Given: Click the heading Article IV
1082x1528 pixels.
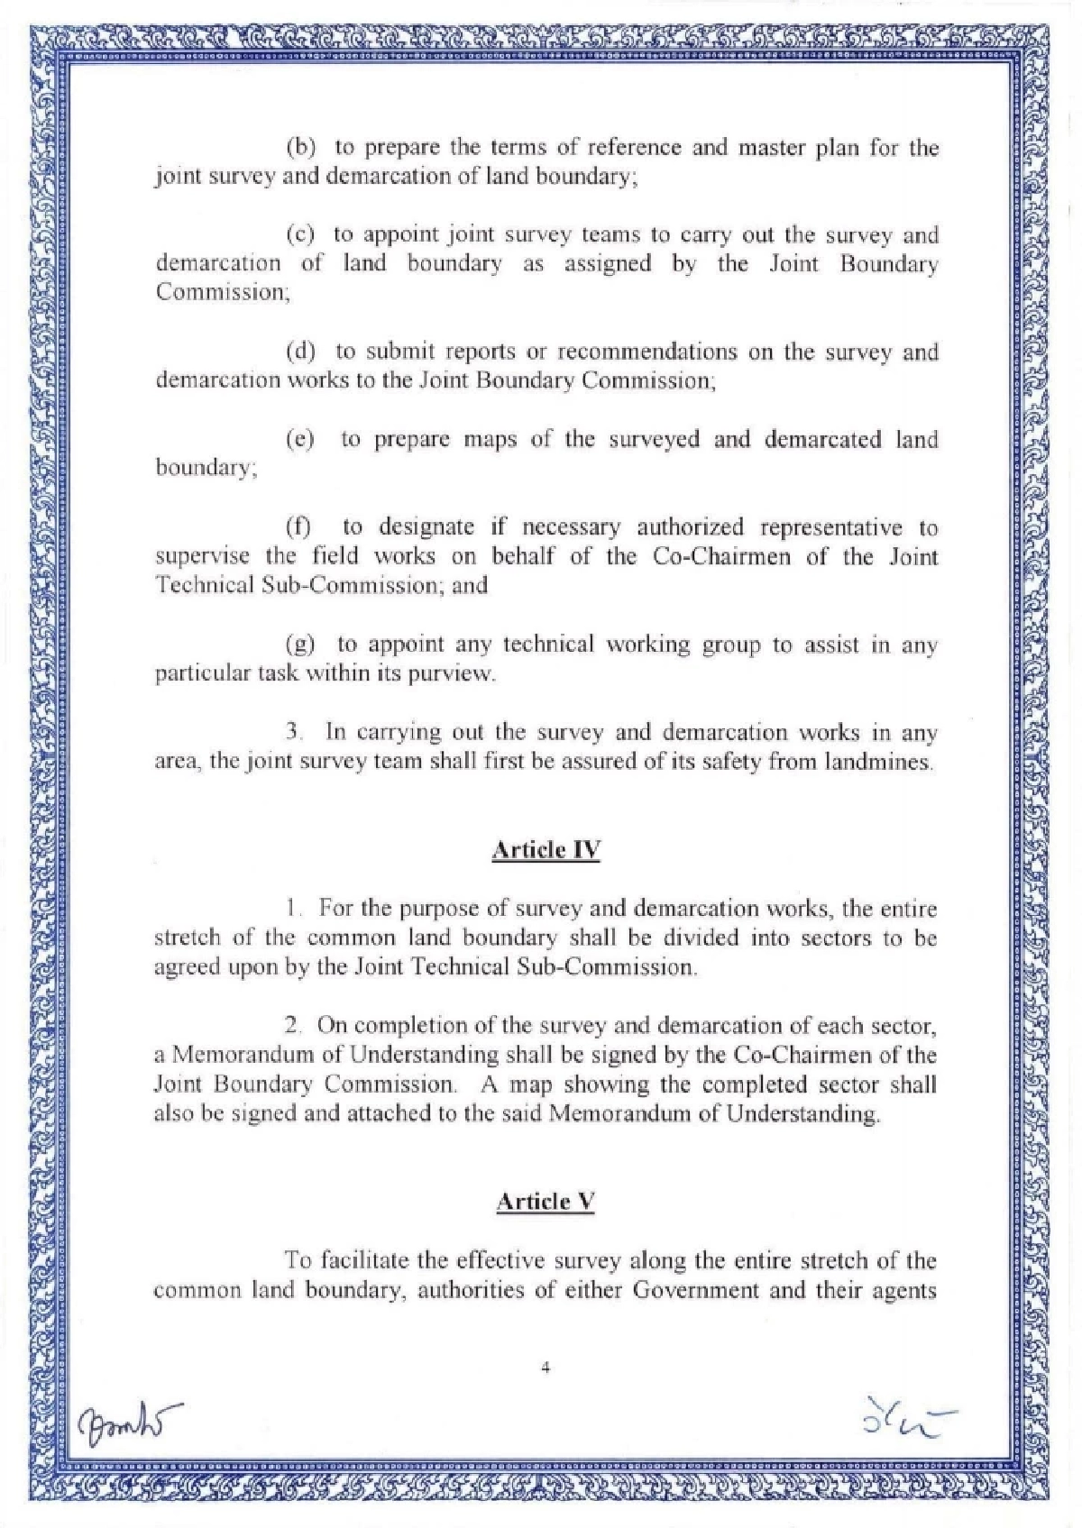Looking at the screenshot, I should point(546,850).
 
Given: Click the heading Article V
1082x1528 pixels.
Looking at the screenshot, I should point(546,1202).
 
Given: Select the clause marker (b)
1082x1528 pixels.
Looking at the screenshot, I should point(300,147).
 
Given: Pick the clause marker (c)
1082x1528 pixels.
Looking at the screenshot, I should point(300,235).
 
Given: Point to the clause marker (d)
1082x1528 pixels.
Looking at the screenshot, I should point(300,352).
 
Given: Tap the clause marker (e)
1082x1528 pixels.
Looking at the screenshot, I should point(300,440).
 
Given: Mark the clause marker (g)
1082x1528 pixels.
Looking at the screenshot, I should point(300,645).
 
